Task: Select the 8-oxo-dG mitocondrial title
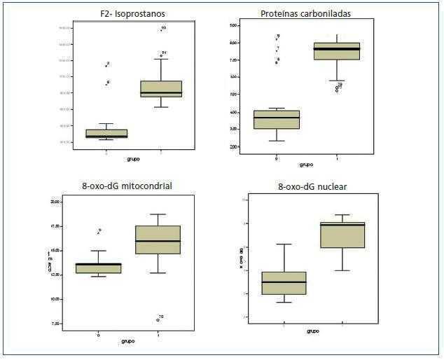(x=126, y=186)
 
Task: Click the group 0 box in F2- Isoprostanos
(x=106, y=134)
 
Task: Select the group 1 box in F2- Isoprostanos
(x=161, y=89)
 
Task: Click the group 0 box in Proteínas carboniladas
(x=277, y=120)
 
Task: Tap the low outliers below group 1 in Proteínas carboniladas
(x=338, y=88)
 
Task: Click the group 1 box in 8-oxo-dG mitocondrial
(x=158, y=240)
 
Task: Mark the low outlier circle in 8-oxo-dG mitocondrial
(x=158, y=319)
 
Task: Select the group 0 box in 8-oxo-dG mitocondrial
(x=99, y=268)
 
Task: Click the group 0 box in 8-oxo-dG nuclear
(x=284, y=283)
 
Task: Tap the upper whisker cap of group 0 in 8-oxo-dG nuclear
(x=284, y=244)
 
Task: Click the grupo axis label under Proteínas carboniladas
(x=306, y=165)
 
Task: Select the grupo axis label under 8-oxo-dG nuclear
(x=313, y=331)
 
